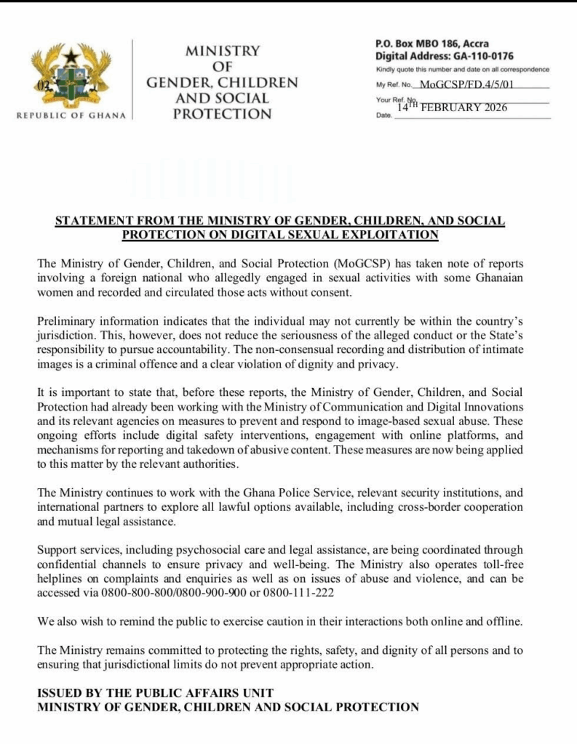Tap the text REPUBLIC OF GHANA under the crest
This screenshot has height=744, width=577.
[71, 115]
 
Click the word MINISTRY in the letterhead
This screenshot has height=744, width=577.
[222, 52]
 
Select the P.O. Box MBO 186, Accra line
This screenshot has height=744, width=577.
[431, 44]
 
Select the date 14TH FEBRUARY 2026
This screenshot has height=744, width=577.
[452, 108]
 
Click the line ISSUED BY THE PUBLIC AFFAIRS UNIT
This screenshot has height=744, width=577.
[156, 692]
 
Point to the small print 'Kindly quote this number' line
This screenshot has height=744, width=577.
[462, 70]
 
